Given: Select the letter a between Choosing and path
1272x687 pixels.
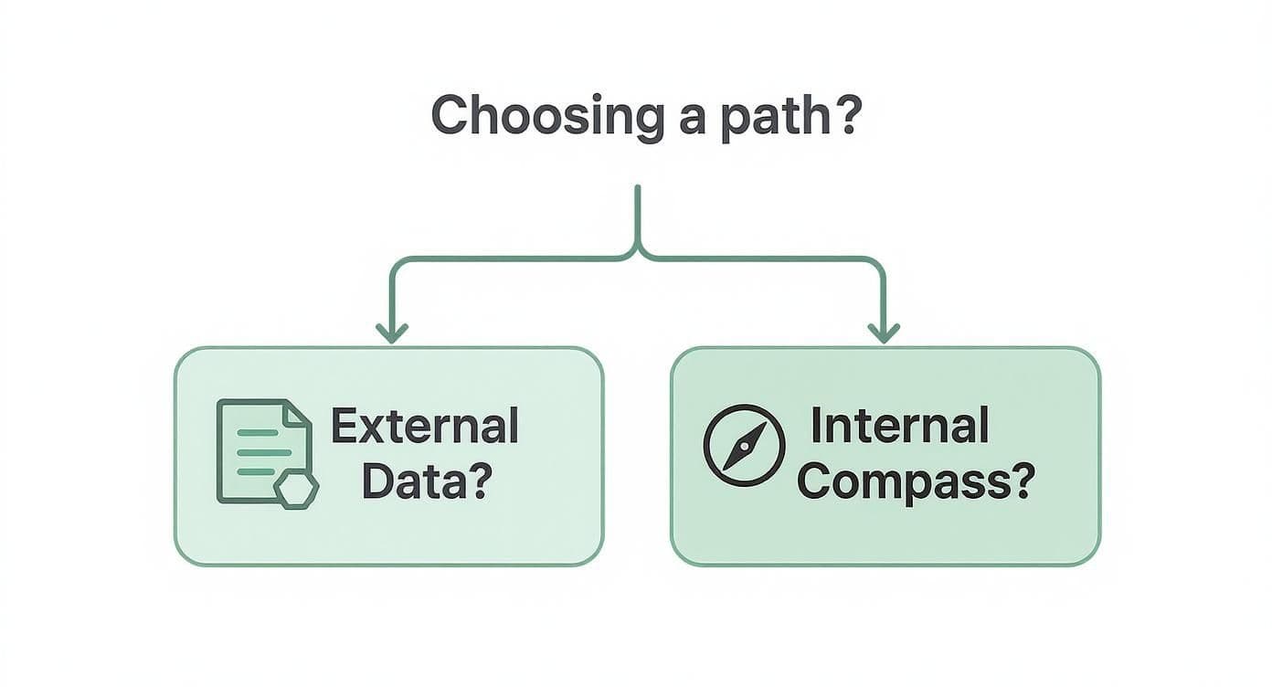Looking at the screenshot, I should [x=692, y=121].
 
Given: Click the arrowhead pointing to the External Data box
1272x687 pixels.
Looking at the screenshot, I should [x=391, y=333].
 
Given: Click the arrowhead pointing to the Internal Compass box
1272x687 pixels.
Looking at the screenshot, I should [x=882, y=333].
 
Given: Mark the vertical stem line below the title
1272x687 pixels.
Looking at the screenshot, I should [x=637, y=215].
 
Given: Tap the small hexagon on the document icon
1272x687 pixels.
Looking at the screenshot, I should [x=297, y=491].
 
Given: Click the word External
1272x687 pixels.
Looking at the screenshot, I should [x=424, y=427].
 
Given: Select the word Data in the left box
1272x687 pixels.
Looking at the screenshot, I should [x=416, y=481].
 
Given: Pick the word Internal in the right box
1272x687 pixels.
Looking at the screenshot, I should [x=899, y=426].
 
